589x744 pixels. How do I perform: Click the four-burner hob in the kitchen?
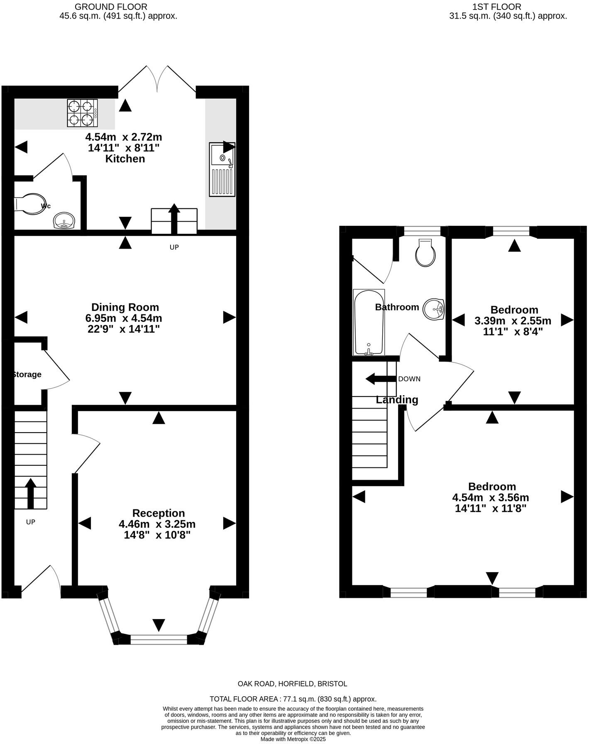coord(83,113)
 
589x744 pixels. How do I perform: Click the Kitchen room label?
coord(125,159)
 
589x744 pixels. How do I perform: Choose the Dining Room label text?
coord(125,307)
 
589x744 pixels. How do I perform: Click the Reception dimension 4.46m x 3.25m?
coord(157,524)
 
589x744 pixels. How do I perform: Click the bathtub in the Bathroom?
coord(369,323)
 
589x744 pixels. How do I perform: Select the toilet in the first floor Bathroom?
coord(426,252)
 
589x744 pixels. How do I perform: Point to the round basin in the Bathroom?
coord(434,309)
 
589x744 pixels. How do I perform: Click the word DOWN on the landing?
coord(409,379)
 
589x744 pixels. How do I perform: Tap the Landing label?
coord(397,399)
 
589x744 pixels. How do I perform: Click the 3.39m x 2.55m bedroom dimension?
coord(513,321)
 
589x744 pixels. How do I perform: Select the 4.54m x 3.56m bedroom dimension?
coord(491,497)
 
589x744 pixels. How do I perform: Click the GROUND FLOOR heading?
coord(111,7)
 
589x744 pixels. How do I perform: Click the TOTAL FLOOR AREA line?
coord(293,699)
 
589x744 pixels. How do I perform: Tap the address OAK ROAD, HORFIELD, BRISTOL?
coord(292,684)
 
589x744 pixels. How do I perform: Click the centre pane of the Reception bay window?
coord(159,639)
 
